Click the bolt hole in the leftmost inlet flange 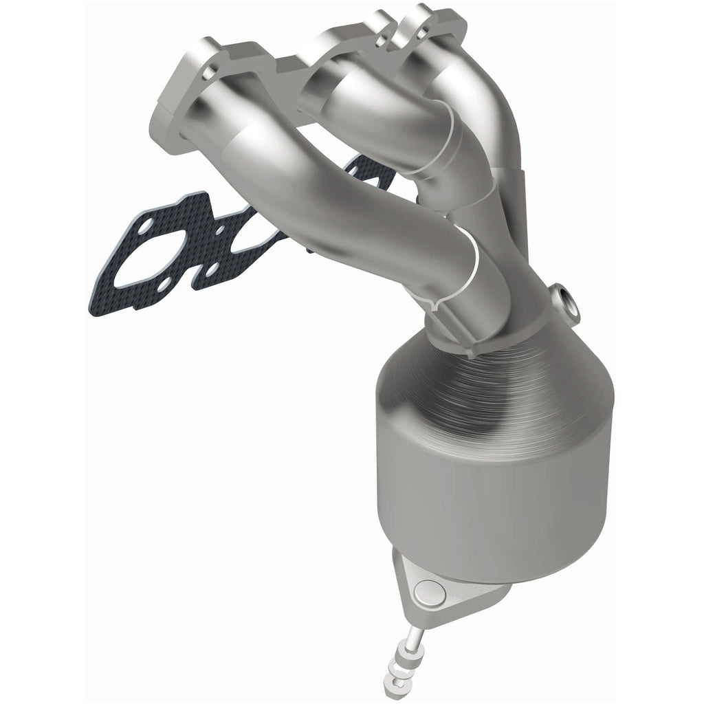click(213, 69)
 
